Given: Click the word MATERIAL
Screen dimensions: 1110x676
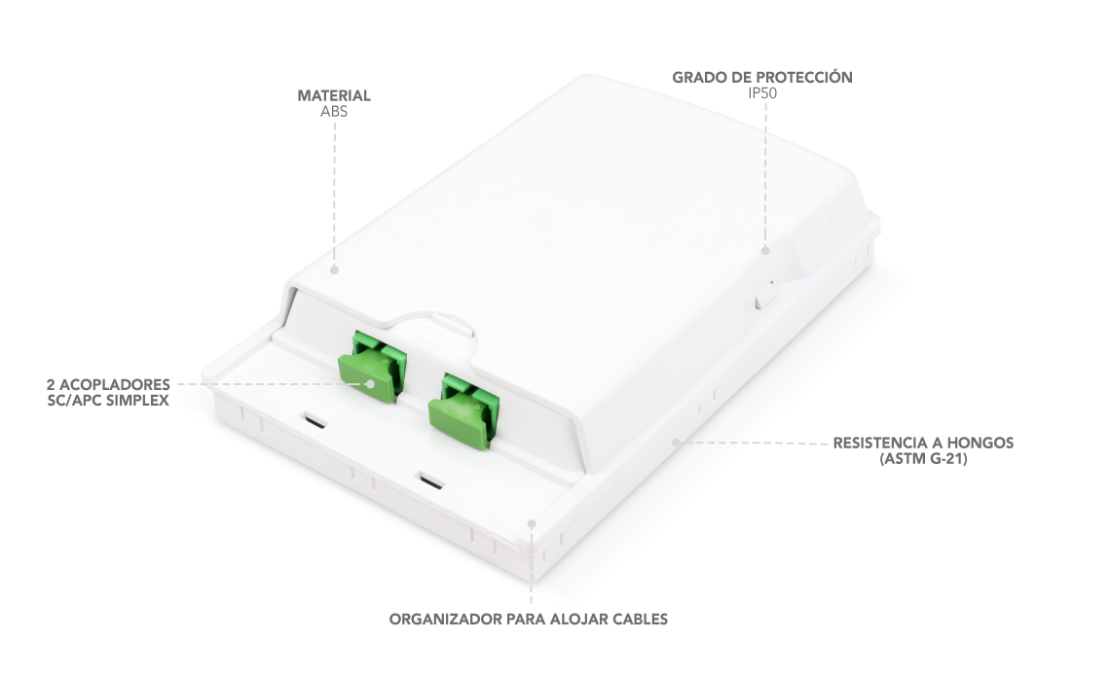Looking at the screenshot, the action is [333, 95].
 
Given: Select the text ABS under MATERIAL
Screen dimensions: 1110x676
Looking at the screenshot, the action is [333, 111].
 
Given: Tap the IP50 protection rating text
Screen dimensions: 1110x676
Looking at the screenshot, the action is [762, 92].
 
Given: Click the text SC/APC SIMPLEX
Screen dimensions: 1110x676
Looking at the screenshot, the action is [108, 400].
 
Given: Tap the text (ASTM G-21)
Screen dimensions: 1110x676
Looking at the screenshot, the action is [923, 458].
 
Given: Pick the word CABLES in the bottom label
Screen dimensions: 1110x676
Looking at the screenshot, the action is [640, 619].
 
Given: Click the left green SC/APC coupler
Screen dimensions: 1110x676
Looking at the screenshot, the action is [372, 366].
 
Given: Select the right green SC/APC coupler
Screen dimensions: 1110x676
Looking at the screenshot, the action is [463, 409].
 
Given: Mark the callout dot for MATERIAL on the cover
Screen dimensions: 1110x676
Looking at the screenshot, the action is [334, 269].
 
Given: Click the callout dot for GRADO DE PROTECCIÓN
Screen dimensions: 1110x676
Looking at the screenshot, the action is [765, 250].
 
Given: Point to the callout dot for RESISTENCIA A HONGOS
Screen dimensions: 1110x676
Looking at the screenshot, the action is [676, 443].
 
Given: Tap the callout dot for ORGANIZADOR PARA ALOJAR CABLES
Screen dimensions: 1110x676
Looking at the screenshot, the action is [532, 523].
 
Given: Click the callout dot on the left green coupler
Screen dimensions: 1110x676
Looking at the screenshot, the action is [370, 384].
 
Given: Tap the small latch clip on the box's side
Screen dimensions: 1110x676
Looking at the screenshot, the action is [764, 293].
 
